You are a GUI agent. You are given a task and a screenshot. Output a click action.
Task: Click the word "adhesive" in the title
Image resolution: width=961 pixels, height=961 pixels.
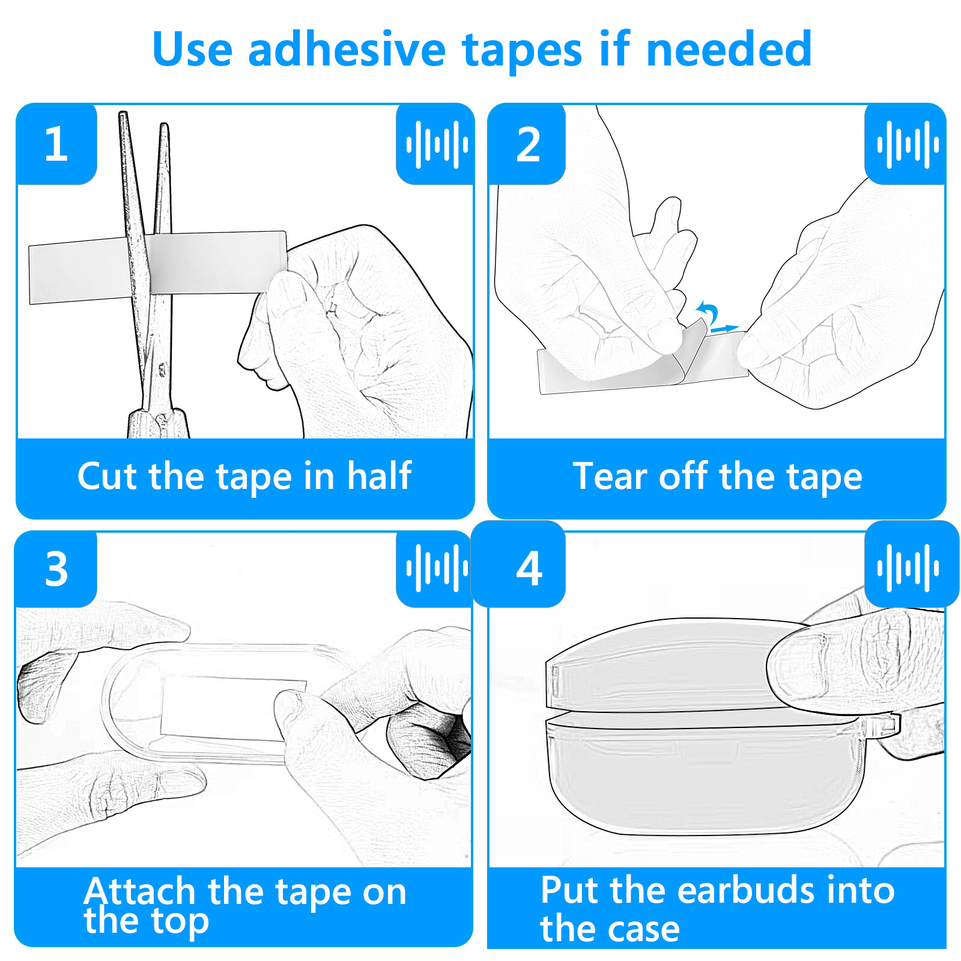[347, 49]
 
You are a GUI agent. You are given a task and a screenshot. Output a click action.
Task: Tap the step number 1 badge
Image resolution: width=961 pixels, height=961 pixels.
[56, 144]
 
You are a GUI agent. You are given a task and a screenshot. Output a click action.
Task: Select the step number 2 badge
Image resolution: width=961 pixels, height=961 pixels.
[528, 144]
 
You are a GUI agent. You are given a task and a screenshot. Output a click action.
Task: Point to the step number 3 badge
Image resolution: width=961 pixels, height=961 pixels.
[56, 568]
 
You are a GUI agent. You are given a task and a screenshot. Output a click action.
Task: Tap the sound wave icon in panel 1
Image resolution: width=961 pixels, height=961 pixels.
[436, 144]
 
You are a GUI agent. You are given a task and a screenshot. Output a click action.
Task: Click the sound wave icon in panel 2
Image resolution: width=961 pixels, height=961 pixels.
[907, 144]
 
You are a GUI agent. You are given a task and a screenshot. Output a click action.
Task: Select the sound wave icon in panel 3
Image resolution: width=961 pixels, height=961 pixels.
[436, 568]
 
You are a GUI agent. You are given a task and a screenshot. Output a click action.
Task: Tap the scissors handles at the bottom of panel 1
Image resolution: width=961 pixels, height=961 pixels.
[159, 423]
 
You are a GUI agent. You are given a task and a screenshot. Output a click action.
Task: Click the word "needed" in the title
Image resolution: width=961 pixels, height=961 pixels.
[729, 49]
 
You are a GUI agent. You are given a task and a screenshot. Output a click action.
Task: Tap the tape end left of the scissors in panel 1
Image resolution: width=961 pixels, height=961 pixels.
[78, 271]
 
